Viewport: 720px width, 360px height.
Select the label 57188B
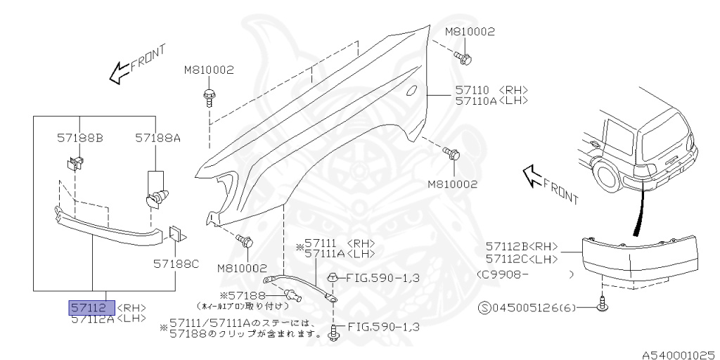tap(79, 139)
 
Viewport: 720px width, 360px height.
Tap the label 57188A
tap(157, 139)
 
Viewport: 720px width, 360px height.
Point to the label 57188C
tap(176, 264)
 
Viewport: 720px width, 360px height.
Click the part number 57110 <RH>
tap(491, 90)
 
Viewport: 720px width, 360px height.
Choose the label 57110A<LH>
tap(491, 101)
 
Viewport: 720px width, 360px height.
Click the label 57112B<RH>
tap(521, 246)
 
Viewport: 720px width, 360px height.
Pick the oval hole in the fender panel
tap(413, 90)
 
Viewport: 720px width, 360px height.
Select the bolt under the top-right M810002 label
tap(463, 57)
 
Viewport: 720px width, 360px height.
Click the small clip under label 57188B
tap(75, 165)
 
